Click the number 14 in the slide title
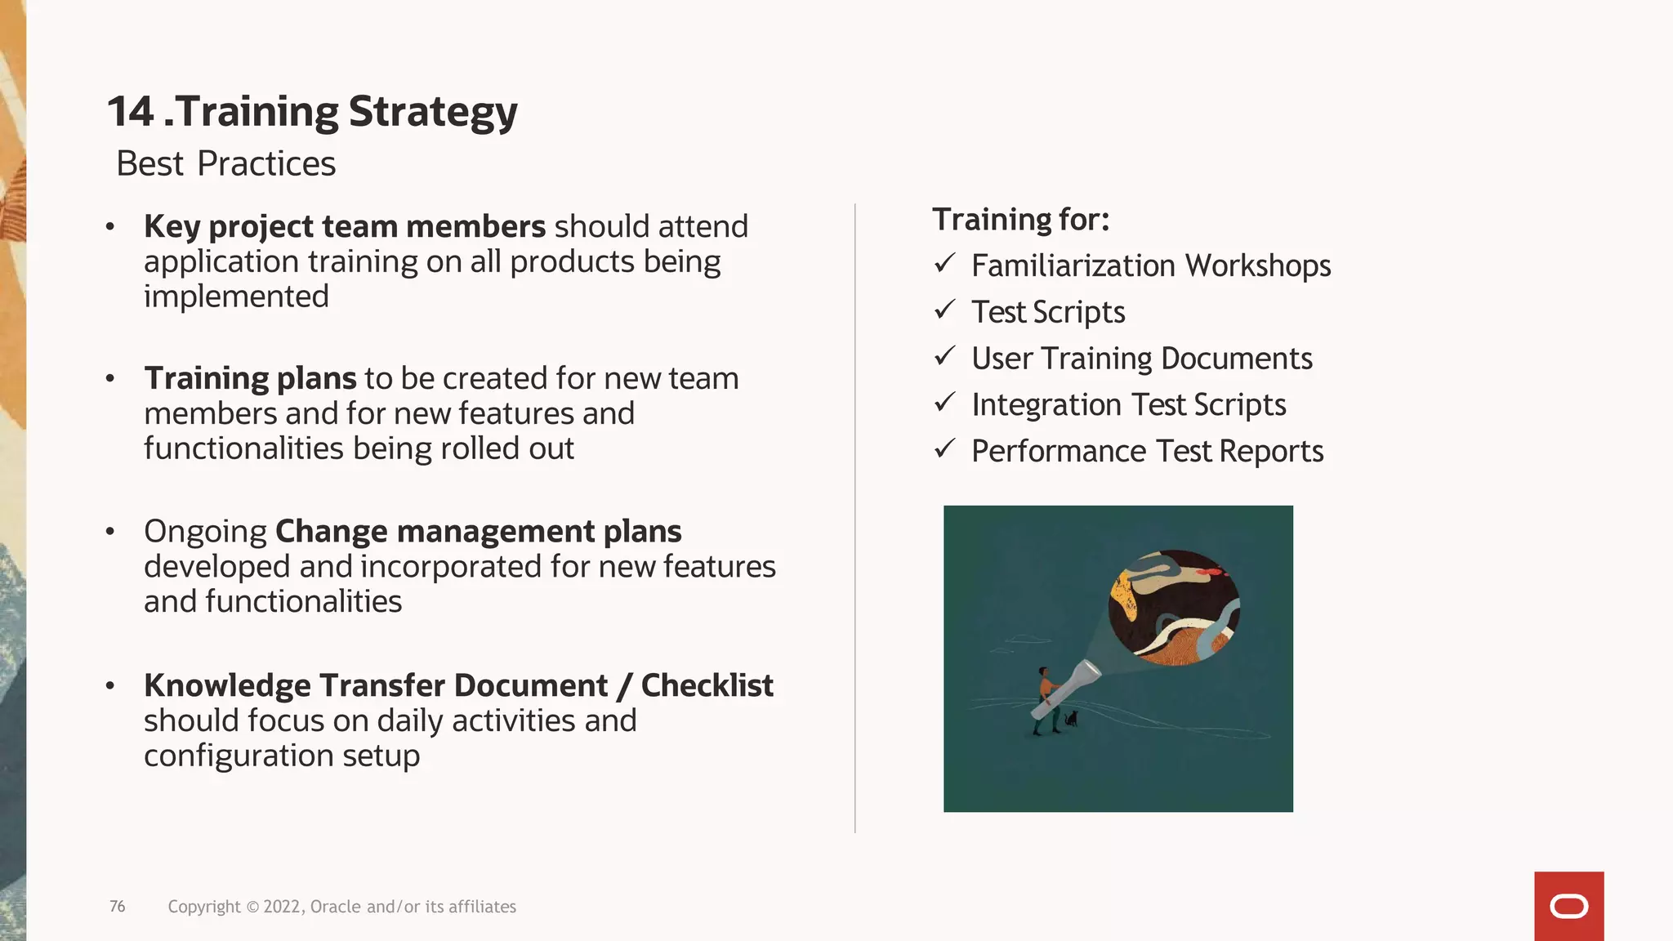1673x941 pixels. coord(131,112)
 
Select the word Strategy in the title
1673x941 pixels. coord(433,114)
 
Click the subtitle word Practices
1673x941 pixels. coord(266,164)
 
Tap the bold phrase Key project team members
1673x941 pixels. coord(344,227)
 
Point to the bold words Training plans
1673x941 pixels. coord(250,379)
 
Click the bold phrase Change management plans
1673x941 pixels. coord(478,532)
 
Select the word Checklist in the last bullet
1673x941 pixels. coord(707,686)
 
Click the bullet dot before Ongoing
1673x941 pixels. coord(110,533)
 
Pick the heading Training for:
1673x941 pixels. coord(1020,220)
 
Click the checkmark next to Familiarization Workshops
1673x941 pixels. coord(945,263)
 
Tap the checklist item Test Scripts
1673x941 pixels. coord(1048,312)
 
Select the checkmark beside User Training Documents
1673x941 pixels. coord(945,356)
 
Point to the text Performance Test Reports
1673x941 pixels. coord(1147,452)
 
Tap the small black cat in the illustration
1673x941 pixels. coord(1071,720)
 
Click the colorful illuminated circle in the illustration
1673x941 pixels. coord(1174,607)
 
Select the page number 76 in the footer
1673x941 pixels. coord(118,907)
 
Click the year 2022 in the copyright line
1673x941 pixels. coord(283,907)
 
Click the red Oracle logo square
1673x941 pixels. coord(1568,906)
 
